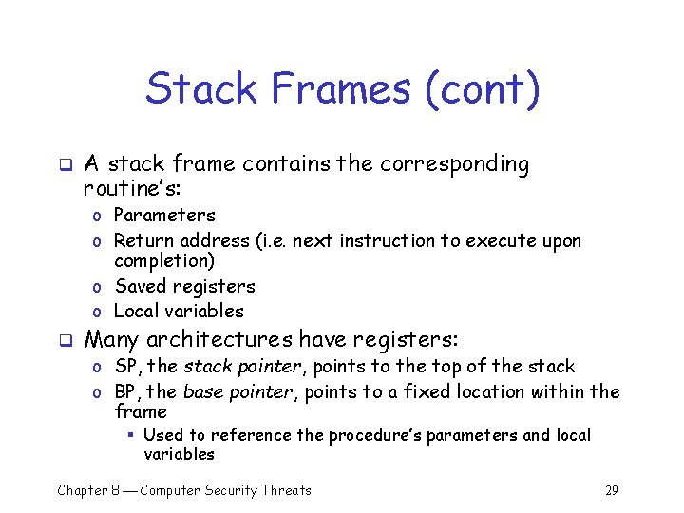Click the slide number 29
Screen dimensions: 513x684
click(x=611, y=490)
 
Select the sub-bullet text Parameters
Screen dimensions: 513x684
click(x=164, y=216)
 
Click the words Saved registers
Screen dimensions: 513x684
click(x=184, y=286)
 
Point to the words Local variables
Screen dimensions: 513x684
click(x=179, y=311)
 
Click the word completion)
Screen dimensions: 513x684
click(x=164, y=260)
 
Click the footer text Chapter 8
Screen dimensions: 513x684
click(x=95, y=490)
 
